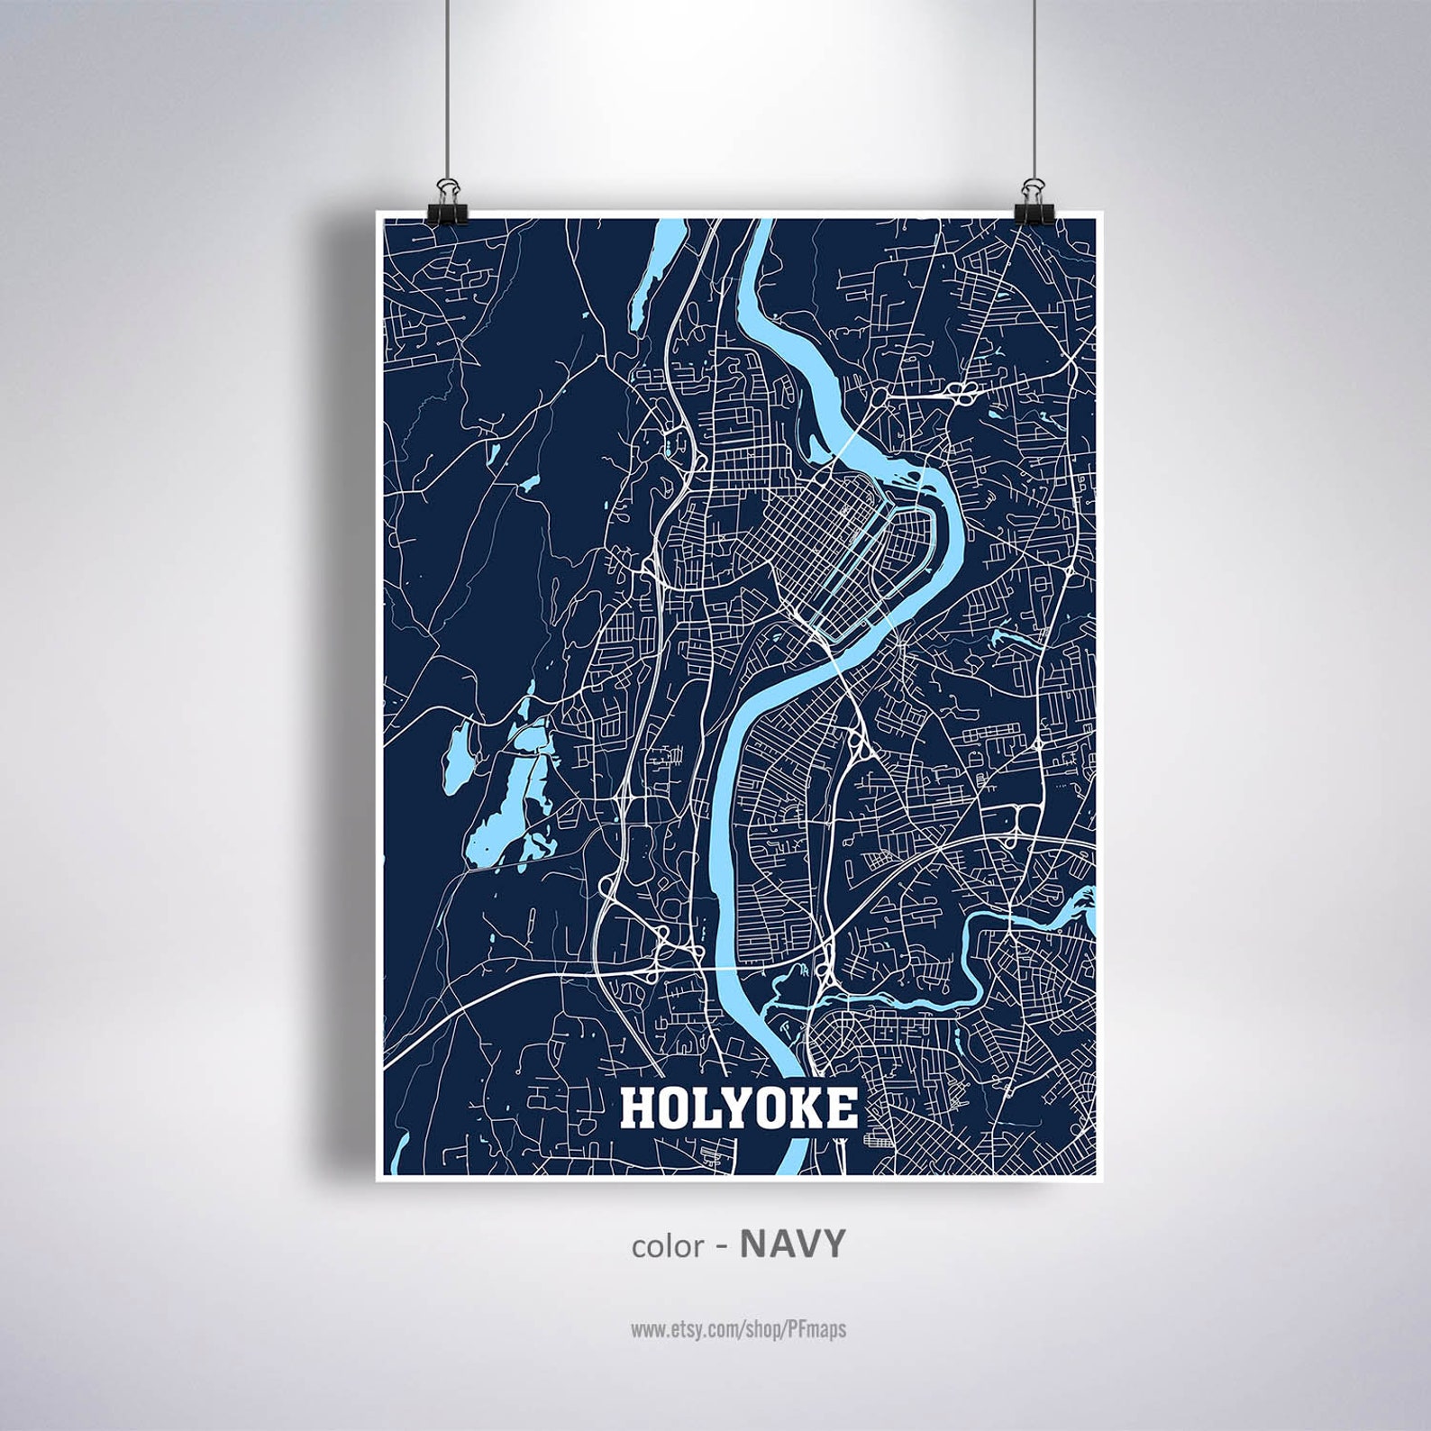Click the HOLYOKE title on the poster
click(x=737, y=1109)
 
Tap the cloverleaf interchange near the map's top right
click(x=965, y=392)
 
